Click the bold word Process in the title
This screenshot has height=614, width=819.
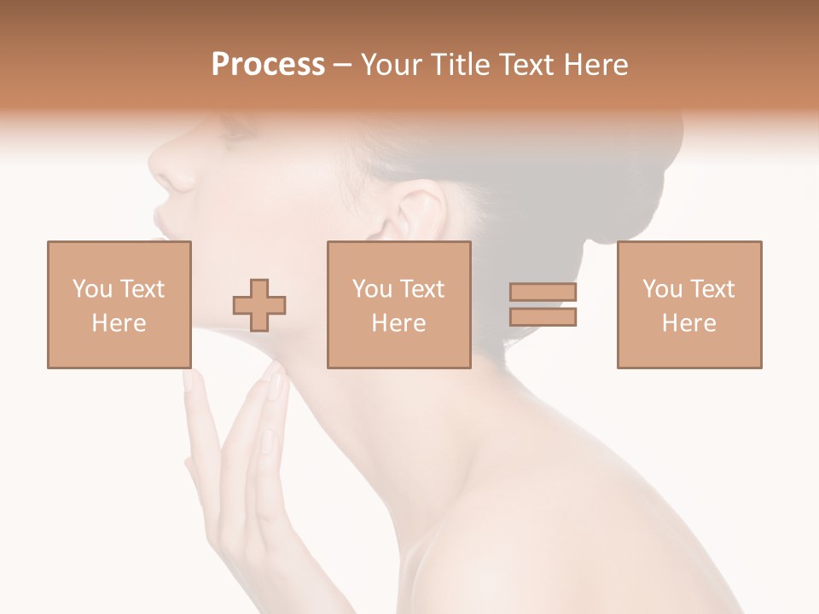[x=268, y=65]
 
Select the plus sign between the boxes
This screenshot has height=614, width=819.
[x=260, y=305]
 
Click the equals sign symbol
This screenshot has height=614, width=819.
[x=543, y=304]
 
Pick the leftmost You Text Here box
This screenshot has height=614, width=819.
[x=119, y=304]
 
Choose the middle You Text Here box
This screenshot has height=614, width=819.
[x=399, y=304]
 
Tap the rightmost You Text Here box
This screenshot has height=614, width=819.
[x=689, y=304]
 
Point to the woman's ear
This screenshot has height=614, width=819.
[x=415, y=213]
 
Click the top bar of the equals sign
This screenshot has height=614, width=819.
[x=543, y=293]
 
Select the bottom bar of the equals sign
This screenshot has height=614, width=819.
[x=543, y=317]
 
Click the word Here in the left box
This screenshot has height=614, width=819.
[x=119, y=323]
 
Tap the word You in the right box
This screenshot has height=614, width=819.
[x=661, y=289]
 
